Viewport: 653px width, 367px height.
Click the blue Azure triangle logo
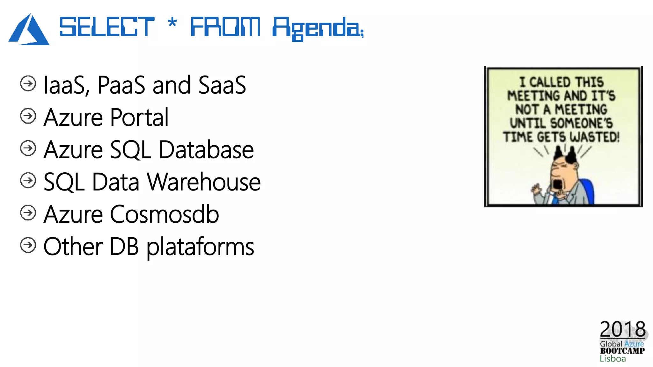29,30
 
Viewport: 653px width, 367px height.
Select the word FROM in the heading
225,27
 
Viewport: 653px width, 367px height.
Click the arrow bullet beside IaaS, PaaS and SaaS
28,84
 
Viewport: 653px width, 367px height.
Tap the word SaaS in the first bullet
222,85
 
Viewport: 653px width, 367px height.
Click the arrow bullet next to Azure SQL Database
28,148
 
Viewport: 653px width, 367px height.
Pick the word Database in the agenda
206,150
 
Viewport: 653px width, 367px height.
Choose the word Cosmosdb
165,214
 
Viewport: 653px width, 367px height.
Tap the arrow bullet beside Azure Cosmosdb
28,213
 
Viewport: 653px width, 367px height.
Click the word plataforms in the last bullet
200,247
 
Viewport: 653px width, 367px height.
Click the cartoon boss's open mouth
558,185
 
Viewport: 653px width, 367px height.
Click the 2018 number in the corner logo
622,329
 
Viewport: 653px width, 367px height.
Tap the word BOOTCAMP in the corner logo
622,351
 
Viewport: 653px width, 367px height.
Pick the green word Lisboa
613,359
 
